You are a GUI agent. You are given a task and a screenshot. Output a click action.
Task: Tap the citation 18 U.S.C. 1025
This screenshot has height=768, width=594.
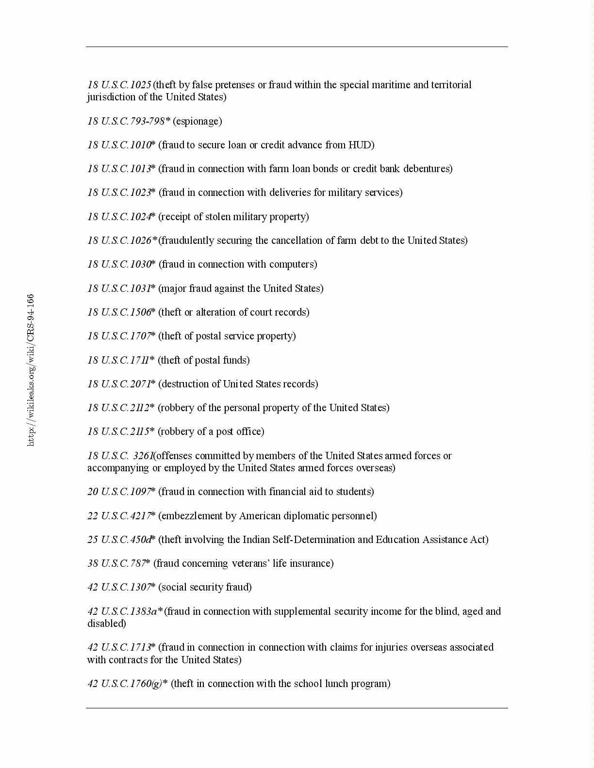pyautogui.click(x=119, y=85)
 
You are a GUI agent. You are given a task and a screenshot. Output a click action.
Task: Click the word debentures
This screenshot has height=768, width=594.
pyautogui.click(x=428, y=169)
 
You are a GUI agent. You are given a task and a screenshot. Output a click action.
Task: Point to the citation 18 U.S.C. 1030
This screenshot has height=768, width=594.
pyautogui.click(x=119, y=264)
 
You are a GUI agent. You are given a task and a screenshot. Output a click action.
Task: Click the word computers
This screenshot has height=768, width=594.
pyautogui.click(x=293, y=264)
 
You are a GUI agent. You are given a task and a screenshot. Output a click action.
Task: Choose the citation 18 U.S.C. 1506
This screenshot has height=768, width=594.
pyautogui.click(x=119, y=312)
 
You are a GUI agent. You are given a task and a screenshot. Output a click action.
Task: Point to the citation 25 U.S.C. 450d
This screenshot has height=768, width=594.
pyautogui.click(x=119, y=540)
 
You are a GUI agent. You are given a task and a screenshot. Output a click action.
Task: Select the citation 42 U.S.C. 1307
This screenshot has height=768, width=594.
pyautogui.click(x=119, y=587)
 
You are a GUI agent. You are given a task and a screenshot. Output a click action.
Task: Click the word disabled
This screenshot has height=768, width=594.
pyautogui.click(x=106, y=624)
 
